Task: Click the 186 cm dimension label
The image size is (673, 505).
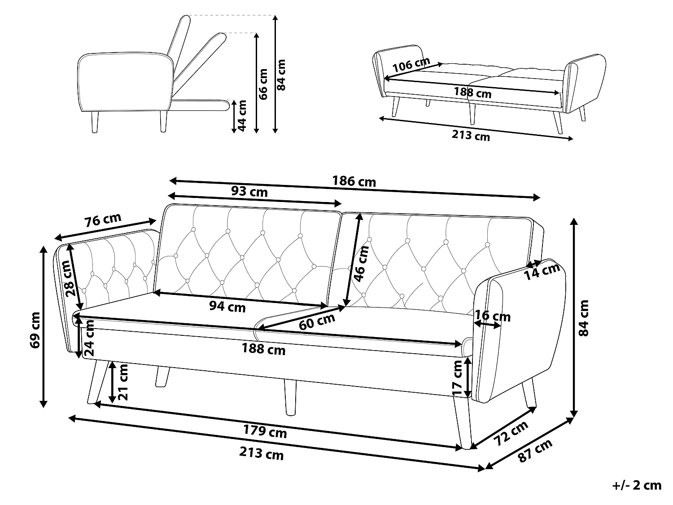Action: [x=354, y=181]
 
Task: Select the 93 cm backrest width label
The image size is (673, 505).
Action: [x=249, y=192]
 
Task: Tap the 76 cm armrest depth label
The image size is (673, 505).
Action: [x=103, y=220]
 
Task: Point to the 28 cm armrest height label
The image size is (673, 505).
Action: [x=70, y=284]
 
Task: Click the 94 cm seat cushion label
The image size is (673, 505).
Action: [x=227, y=307]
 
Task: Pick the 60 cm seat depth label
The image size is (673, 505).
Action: [x=317, y=321]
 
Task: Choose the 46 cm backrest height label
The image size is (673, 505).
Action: [x=361, y=263]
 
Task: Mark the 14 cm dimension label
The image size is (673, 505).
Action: [x=542, y=271]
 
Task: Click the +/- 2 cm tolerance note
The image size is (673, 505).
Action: [x=637, y=485]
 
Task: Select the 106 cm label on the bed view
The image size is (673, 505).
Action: [x=411, y=65]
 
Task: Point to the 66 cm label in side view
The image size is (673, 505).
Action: [x=263, y=84]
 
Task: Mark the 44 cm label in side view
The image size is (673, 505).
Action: [x=242, y=115]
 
